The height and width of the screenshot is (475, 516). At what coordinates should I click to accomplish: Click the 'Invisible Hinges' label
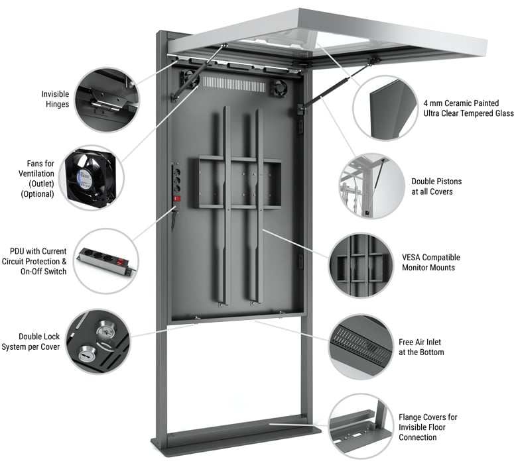[x=55, y=99]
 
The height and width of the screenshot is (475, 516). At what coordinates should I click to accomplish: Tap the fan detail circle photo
[x=91, y=178]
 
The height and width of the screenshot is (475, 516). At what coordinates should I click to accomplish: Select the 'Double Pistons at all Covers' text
[x=436, y=186]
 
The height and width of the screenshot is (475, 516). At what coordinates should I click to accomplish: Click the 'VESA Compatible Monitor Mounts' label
[x=430, y=262]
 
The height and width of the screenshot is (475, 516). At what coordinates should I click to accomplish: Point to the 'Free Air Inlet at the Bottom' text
[x=421, y=347]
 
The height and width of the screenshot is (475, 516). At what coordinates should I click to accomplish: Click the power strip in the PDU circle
[x=106, y=261]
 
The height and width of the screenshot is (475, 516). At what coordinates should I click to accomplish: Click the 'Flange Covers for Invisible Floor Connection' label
[x=428, y=427]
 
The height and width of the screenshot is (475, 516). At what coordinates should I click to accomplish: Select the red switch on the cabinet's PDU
[x=177, y=197]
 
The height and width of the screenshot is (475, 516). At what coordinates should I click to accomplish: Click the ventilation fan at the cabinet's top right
[x=280, y=87]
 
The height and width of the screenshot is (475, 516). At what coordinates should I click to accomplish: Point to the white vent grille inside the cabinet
[x=233, y=83]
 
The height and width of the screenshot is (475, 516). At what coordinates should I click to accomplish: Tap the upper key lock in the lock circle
[x=105, y=328]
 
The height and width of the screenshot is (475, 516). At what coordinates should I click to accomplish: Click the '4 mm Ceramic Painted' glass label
[x=468, y=108]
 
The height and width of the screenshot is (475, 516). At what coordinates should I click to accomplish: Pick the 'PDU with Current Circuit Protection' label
[x=38, y=261]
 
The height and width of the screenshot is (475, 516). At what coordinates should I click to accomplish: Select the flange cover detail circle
[x=361, y=425]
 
